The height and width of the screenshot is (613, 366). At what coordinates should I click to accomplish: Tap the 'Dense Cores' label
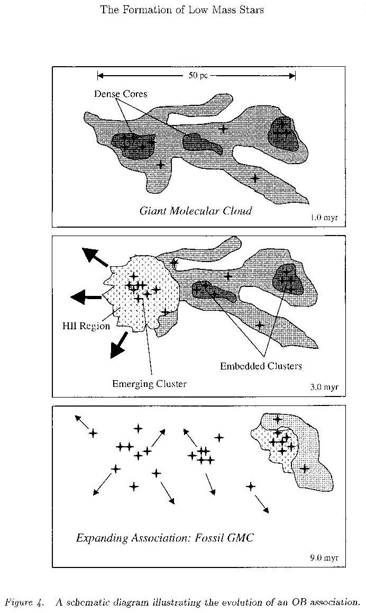[x=120, y=94]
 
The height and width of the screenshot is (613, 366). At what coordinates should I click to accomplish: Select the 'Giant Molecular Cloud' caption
[x=196, y=211]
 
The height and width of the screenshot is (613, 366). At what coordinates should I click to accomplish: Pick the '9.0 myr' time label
[x=324, y=557]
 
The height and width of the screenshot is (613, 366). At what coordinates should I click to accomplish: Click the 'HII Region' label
[x=86, y=326]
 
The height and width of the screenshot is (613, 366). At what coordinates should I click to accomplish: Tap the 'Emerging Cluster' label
[x=149, y=383]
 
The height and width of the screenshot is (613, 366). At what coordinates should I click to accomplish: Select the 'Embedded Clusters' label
[x=261, y=366]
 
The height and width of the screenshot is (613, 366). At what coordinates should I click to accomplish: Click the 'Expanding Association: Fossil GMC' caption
[x=165, y=538]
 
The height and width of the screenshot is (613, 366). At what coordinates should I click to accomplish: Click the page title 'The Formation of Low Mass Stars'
[x=182, y=10]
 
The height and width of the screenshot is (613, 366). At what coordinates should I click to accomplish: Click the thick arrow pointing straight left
[x=86, y=297]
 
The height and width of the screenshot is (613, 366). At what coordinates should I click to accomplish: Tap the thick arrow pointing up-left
[x=95, y=257]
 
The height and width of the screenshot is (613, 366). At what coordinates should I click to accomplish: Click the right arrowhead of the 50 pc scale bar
[x=292, y=76]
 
